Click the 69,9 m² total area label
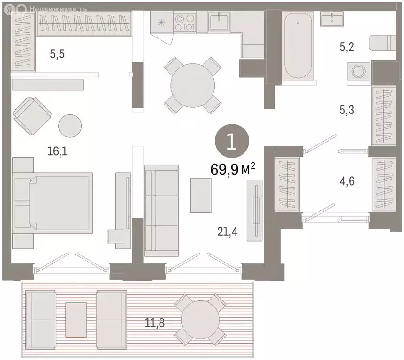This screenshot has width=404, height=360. pyautogui.click(x=233, y=169)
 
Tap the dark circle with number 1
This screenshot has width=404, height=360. pyautogui.click(x=232, y=141)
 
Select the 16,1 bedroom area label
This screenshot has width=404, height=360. pyautogui.click(x=57, y=151)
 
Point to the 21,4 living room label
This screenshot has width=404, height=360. pyautogui.click(x=228, y=232)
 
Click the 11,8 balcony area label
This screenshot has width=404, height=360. pyautogui.click(x=154, y=322)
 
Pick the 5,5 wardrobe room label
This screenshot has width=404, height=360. pyautogui.click(x=57, y=54)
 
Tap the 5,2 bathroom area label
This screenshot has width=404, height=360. pyautogui.click(x=347, y=47)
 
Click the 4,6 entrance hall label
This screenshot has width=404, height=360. pyautogui.click(x=347, y=181)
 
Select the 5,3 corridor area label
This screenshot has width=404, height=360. pyautogui.click(x=347, y=110)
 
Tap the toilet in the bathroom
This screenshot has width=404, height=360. pyautogui.click(x=382, y=43)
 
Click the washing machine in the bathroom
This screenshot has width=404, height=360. pyautogui.click(x=358, y=71)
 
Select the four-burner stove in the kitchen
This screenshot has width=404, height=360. pyautogui.click(x=184, y=22)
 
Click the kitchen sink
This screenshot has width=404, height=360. pyautogui.click(x=219, y=22)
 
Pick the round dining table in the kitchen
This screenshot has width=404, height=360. pyautogui.click(x=192, y=85)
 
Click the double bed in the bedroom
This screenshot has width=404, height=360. pyautogui.click(x=53, y=203)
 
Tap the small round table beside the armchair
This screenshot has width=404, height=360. pyautogui.click(x=70, y=126)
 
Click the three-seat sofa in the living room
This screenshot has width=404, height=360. pyautogui.click(x=161, y=211)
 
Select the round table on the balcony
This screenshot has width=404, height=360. pyautogui.click(x=200, y=320)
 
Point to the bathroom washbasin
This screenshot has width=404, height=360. pyautogui.click(x=332, y=19)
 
